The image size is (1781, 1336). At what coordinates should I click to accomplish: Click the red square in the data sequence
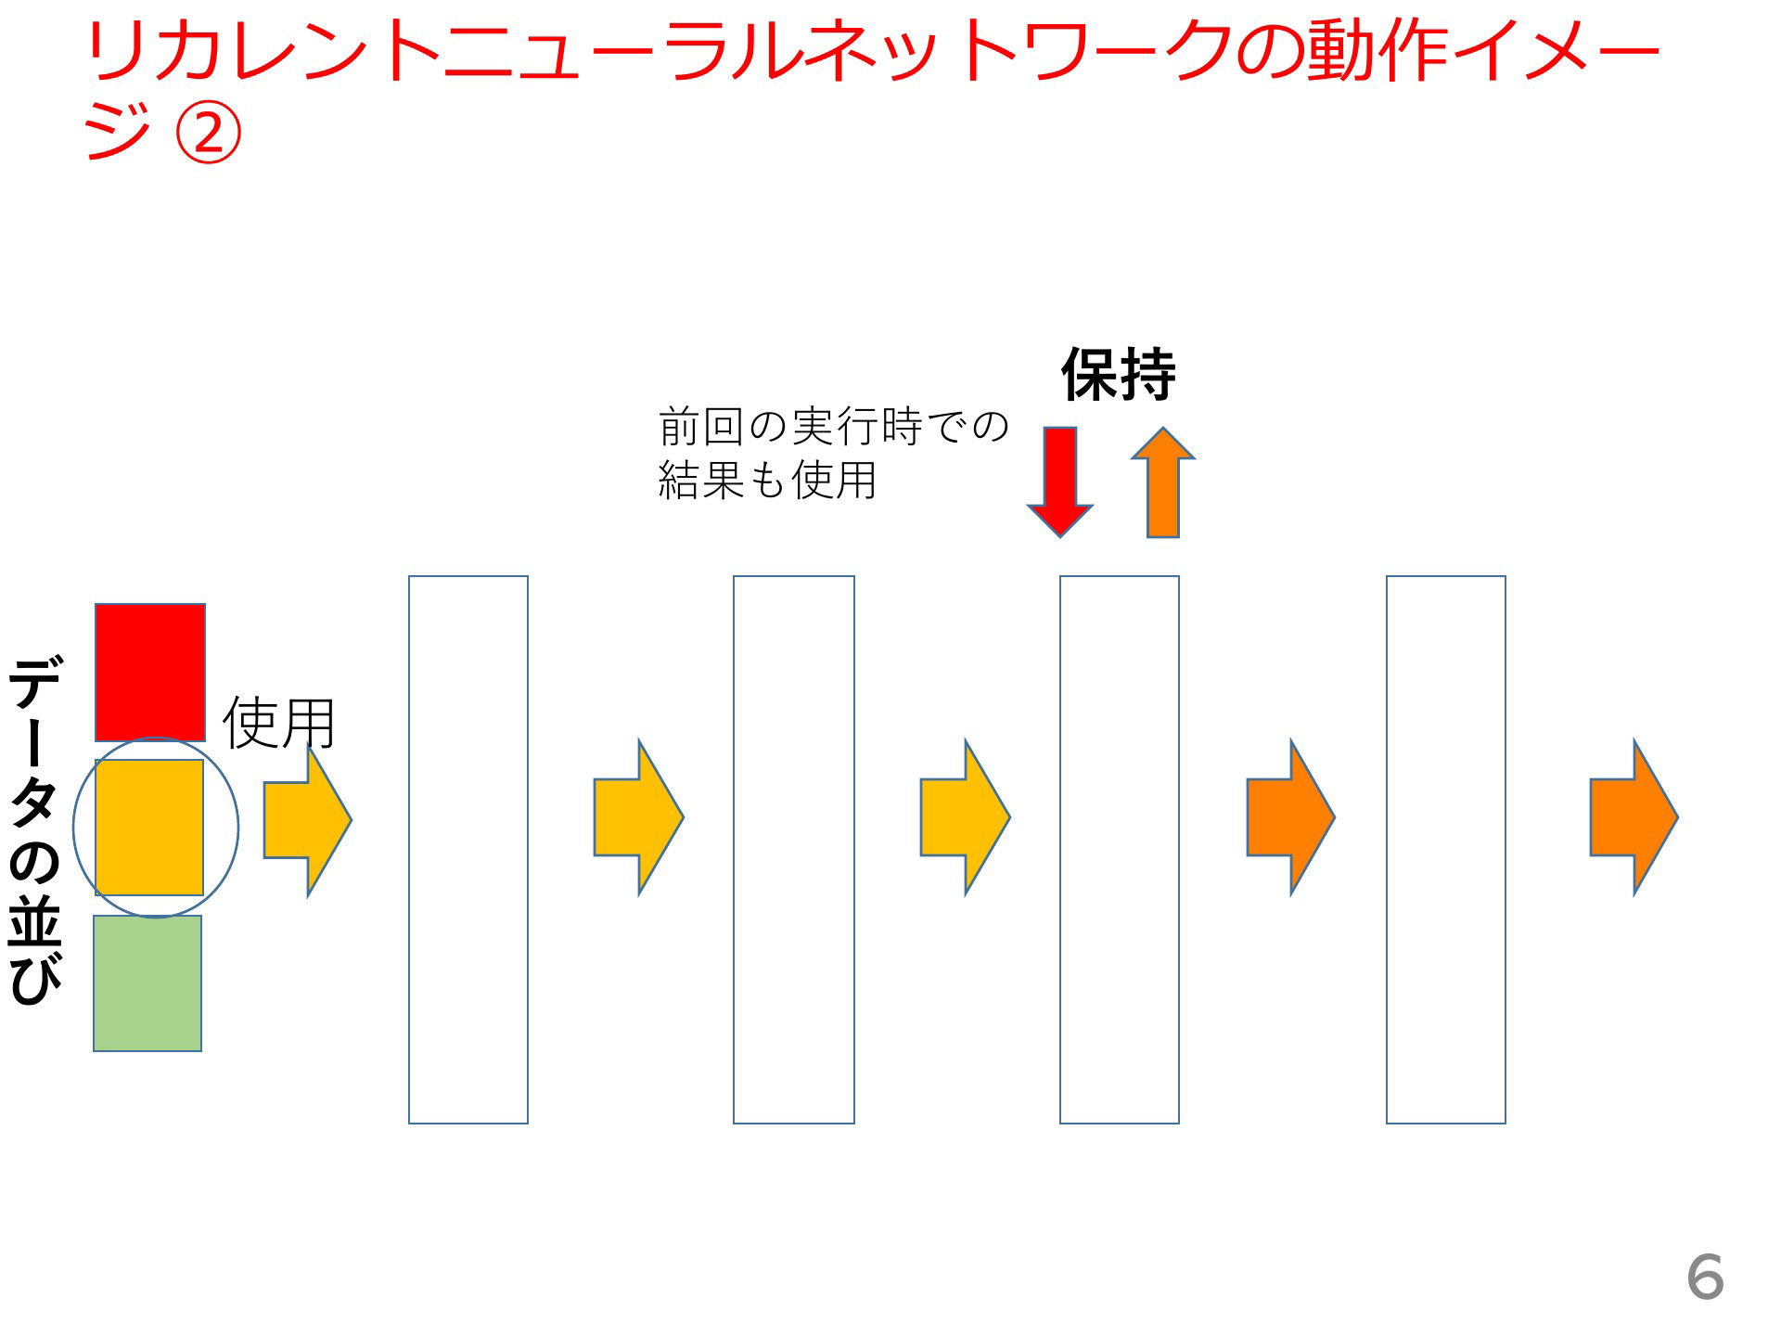[150, 673]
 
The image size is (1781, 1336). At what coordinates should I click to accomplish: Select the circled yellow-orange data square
[149, 828]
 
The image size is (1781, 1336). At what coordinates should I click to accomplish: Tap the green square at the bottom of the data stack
[147, 983]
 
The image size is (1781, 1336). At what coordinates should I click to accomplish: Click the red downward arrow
[1060, 482]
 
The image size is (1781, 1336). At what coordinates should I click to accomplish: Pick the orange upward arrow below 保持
[1163, 482]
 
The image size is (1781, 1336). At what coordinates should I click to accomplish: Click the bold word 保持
[1119, 374]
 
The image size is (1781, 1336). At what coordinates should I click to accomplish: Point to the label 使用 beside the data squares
[278, 723]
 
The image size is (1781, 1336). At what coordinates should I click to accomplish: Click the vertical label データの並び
[35, 830]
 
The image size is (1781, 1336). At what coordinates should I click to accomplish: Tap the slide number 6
[1705, 1277]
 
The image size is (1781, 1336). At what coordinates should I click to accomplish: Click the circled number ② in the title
[208, 133]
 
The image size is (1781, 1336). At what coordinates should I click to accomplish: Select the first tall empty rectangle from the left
[468, 850]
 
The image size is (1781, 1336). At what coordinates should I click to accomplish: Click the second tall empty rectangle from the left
[794, 850]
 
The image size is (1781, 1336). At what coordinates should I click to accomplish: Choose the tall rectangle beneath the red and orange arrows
[1120, 850]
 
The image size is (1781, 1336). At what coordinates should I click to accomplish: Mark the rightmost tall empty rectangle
[1446, 850]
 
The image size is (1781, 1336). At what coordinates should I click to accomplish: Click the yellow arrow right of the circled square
[308, 819]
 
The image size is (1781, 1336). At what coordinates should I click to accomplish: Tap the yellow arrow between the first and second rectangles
[639, 817]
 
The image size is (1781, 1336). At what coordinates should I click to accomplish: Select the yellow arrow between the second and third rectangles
[966, 817]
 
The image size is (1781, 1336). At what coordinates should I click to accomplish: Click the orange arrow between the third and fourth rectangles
[1291, 817]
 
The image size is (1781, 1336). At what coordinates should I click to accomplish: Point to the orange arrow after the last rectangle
[1634, 817]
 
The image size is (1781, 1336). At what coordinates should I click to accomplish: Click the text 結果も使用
[767, 480]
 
